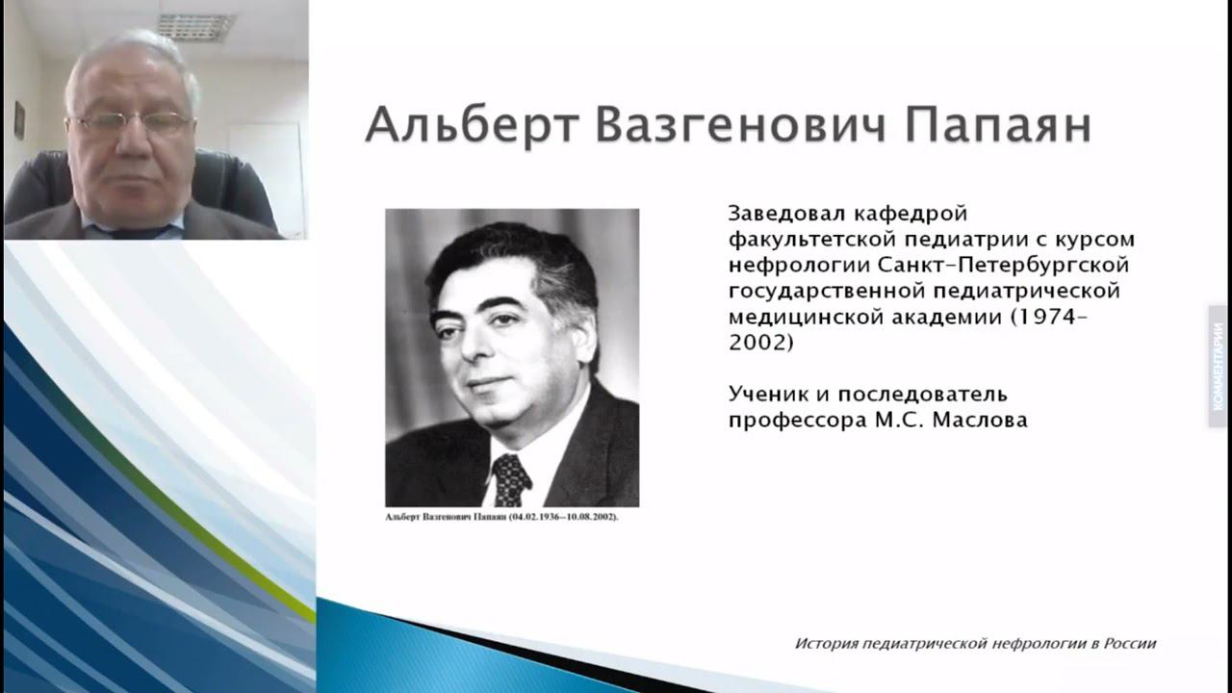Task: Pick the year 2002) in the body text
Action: coord(760,342)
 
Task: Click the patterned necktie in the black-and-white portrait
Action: coord(510,478)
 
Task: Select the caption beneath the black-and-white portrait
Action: coord(501,517)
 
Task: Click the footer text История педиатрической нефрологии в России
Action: coord(975,643)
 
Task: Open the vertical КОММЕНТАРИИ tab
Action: coord(1218,367)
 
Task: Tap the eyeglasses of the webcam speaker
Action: coord(130,122)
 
